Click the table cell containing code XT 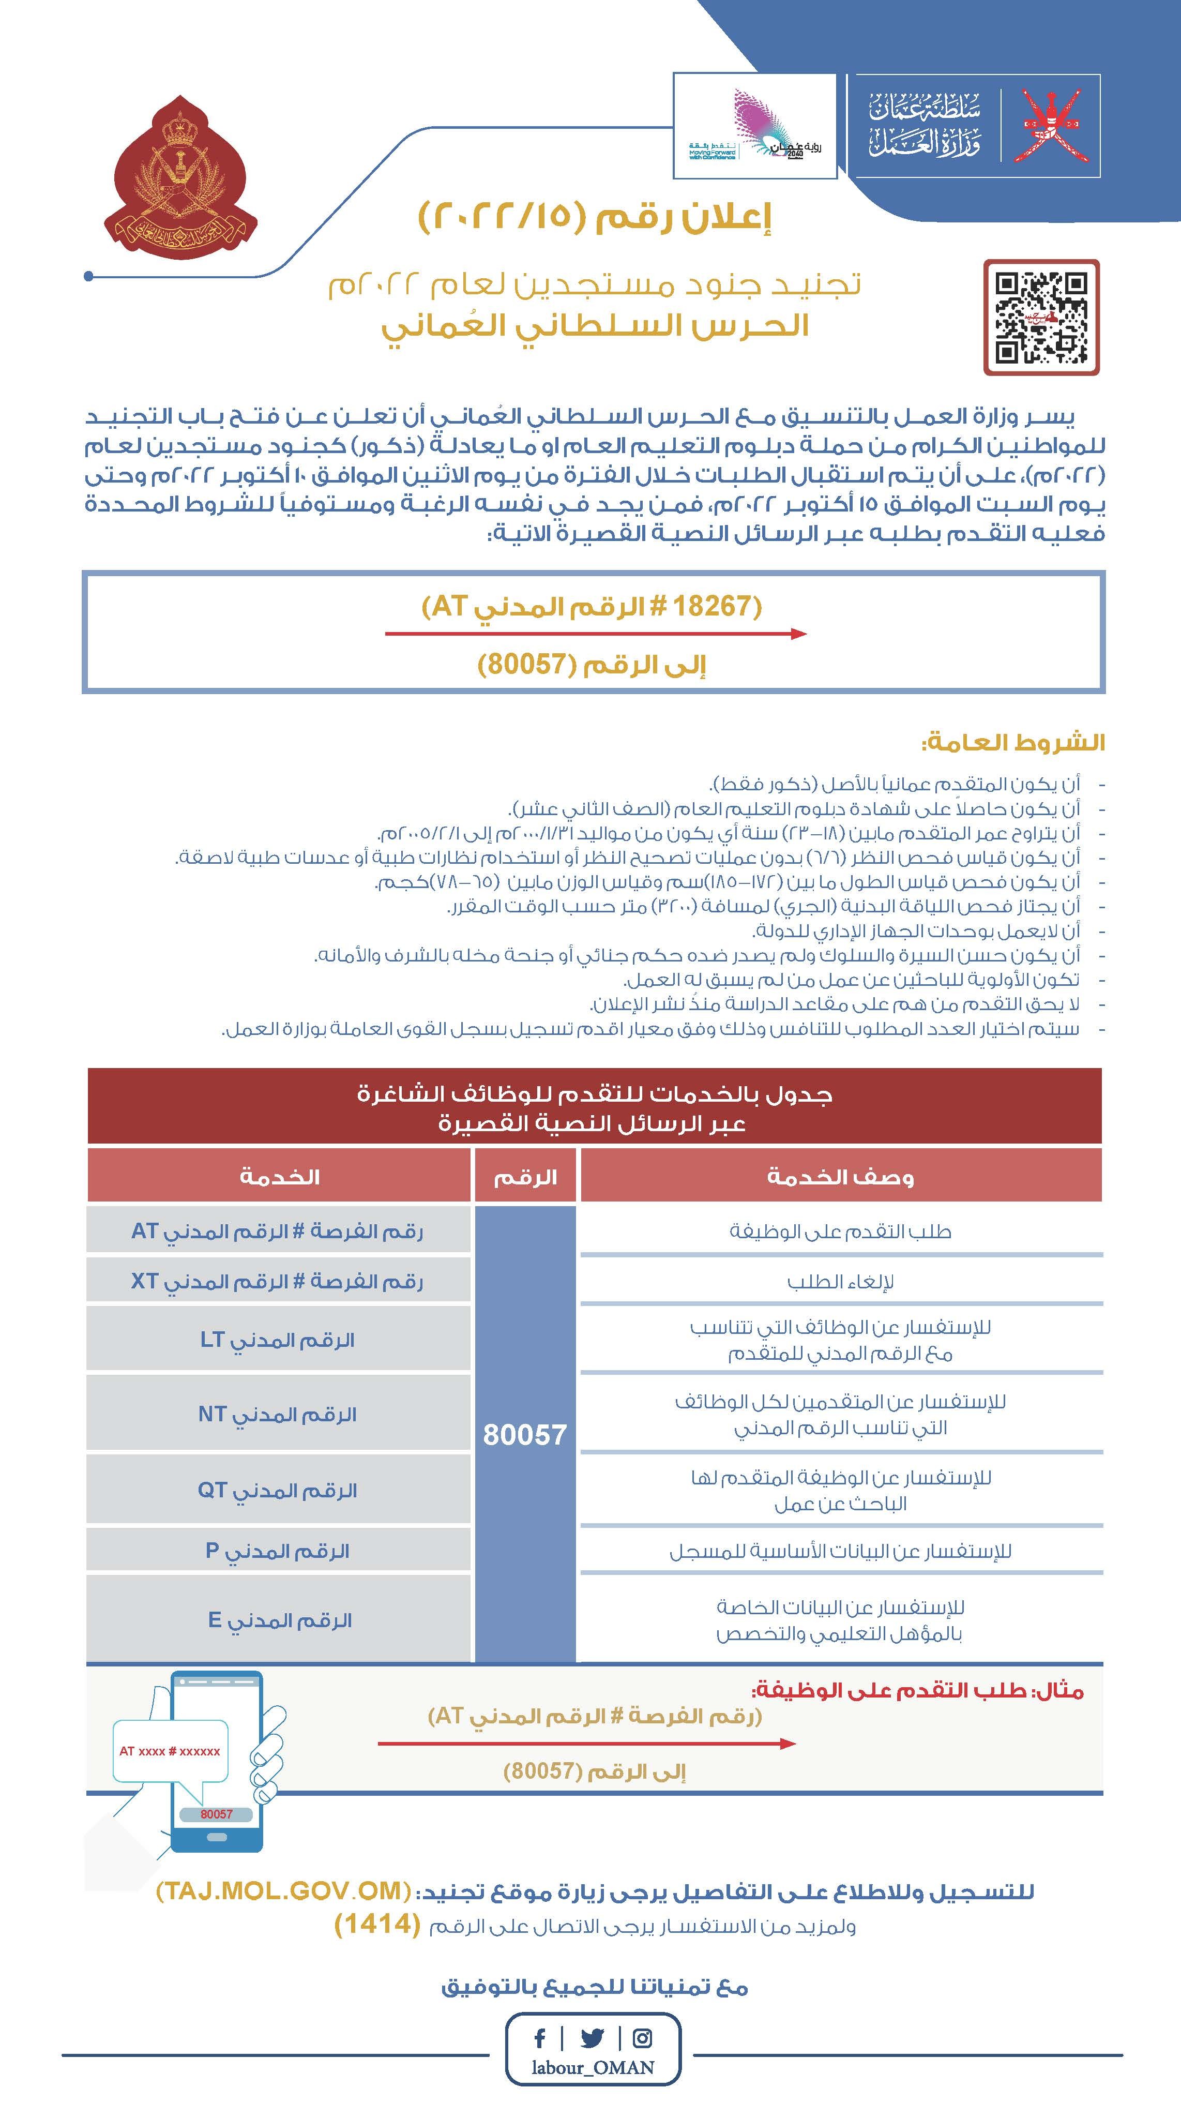(278, 1281)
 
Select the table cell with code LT (278, 1340)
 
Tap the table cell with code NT (278, 1414)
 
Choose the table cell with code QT (278, 1490)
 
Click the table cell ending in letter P (278, 1551)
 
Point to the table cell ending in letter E (278, 1620)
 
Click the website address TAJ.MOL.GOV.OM (283, 1892)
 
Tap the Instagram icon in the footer (643, 2039)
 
